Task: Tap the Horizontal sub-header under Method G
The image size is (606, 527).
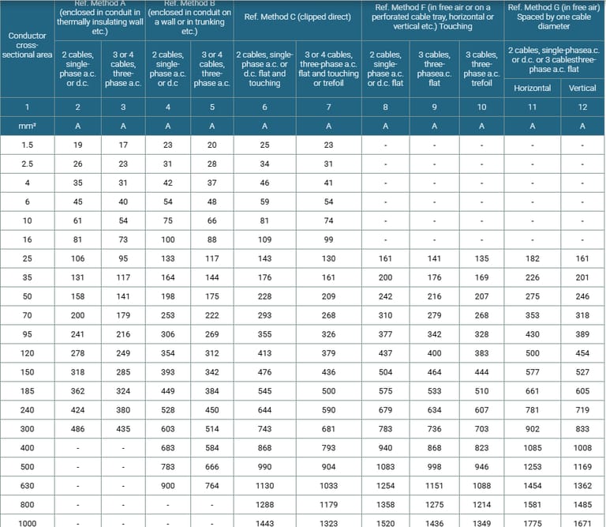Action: click(x=532, y=88)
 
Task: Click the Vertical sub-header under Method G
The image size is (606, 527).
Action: click(x=582, y=88)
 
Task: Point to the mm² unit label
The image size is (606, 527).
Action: click(x=27, y=126)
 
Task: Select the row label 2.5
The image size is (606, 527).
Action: click(x=27, y=164)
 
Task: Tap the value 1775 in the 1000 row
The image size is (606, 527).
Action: click(x=532, y=522)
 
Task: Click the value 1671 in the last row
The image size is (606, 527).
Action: click(x=582, y=522)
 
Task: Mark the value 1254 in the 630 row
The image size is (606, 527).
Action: click(x=385, y=484)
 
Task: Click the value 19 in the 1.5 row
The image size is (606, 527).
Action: click(x=78, y=145)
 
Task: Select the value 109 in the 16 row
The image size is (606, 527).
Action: click(x=264, y=239)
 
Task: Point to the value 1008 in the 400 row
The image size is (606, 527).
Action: click(x=582, y=446)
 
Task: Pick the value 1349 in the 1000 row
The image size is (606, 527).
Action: click(x=481, y=522)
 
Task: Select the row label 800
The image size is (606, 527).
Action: click(x=27, y=503)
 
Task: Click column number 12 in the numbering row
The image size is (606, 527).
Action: click(x=582, y=107)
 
